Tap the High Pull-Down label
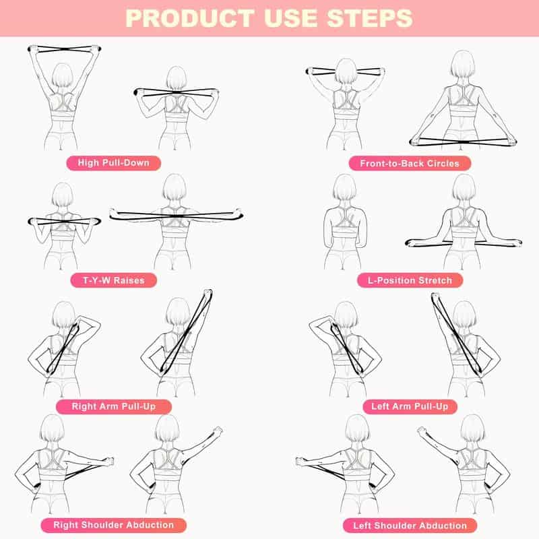[113, 162]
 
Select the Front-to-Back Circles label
[409, 163]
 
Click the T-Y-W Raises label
[113, 280]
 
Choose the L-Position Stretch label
[410, 280]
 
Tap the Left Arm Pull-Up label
[410, 406]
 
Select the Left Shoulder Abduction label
[410, 525]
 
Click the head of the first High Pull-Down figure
[62, 75]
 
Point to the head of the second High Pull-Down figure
[176, 79]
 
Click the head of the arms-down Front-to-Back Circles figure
[463, 65]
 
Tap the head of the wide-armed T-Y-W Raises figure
[174, 188]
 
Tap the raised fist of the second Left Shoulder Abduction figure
[422, 431]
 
